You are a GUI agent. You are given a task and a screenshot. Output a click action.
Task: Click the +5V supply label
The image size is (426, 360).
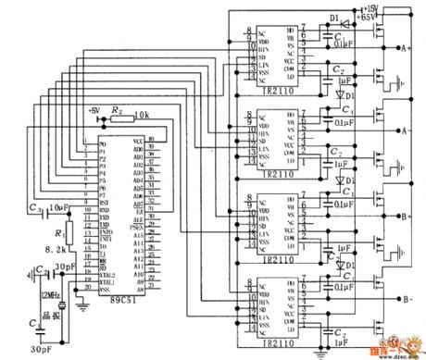[x=93, y=110]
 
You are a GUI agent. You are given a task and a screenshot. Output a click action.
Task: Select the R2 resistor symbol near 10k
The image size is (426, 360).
[x=118, y=118]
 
